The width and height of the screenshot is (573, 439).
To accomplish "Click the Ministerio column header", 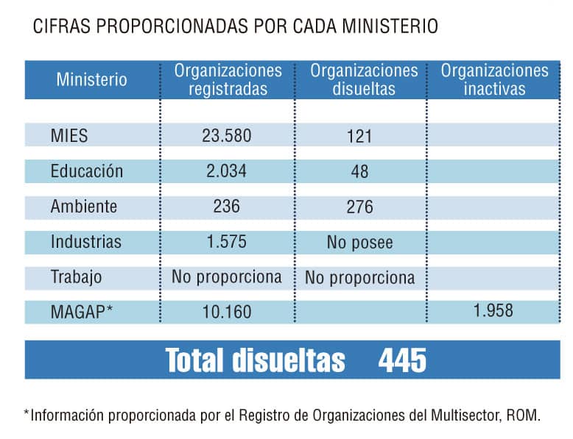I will pos(91,79).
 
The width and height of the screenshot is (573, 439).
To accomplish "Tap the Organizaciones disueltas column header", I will pos(363,80).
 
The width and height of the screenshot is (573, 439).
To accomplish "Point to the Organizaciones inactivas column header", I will pos(494,80).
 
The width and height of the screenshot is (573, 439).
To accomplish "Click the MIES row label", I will pos(69,136).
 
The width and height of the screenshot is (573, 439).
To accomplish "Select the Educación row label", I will pos(86,171).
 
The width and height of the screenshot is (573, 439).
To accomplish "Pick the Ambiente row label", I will pos(83,206).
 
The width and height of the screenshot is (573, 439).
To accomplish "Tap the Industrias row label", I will pos(85,241).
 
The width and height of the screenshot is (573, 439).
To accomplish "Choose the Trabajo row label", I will pos(76,277).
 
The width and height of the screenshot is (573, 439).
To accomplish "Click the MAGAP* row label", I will pos(82,312).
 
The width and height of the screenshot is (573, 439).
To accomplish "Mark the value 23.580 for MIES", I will pos(226,136).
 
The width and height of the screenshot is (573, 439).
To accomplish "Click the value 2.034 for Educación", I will pos(226,171).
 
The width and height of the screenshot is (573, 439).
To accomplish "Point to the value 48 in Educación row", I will pos(359,171).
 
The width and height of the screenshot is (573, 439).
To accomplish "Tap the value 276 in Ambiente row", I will pos(359,207).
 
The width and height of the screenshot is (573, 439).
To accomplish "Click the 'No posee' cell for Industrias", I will pos(359,242).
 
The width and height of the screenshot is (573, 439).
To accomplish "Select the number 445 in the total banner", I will pos(402,360).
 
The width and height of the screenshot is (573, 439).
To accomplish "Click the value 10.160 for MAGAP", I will pos(226,312).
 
